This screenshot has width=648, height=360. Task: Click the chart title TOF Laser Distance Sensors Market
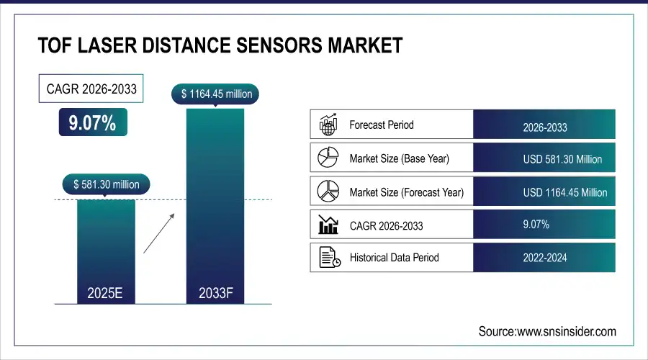click(x=220, y=47)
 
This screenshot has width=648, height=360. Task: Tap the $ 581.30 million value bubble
click(x=107, y=184)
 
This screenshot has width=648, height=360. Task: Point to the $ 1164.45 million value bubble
click(x=215, y=94)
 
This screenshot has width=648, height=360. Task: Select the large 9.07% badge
click(x=92, y=123)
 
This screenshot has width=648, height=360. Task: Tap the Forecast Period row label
click(x=381, y=125)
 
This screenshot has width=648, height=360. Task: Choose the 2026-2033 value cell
click(x=544, y=127)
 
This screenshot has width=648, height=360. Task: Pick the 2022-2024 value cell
click(x=544, y=258)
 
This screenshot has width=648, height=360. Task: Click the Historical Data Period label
click(x=394, y=257)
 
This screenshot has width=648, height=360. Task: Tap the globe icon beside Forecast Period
click(x=328, y=125)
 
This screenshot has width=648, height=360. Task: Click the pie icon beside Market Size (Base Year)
click(x=328, y=158)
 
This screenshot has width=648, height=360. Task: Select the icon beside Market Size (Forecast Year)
click(x=328, y=191)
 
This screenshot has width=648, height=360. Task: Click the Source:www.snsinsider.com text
click(x=547, y=331)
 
